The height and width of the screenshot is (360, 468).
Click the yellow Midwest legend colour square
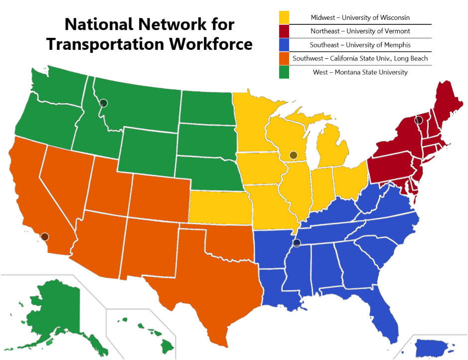coord(284,17)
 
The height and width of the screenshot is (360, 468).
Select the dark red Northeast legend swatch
coord(284,31)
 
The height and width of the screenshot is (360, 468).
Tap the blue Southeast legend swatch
coord(284,45)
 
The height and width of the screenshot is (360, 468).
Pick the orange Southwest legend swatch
coord(284,58)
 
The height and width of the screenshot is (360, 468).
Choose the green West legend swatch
coord(284,72)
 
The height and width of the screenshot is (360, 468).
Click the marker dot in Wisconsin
coord(294,155)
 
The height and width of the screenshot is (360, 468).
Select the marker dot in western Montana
coord(103,103)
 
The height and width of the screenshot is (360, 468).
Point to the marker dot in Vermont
coord(419,120)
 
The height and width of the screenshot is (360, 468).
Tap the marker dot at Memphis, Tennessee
coord(297,243)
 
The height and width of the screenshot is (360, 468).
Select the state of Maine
coord(446,105)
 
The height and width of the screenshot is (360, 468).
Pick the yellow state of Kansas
coord(219,207)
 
